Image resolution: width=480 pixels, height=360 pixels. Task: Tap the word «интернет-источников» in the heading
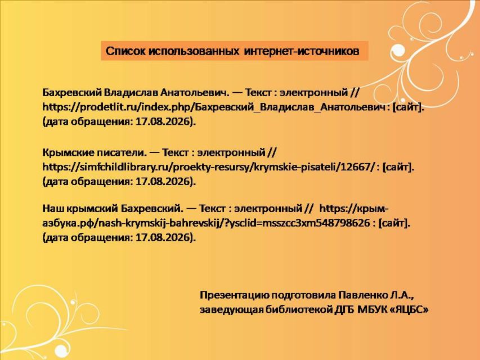click(x=302, y=51)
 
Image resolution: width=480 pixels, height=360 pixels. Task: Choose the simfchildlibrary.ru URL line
click(x=228, y=167)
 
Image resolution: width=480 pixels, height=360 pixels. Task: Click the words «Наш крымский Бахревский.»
click(x=113, y=209)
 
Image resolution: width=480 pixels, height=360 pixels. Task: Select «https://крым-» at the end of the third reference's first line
click(x=354, y=209)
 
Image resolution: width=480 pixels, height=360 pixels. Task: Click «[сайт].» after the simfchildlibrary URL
click(x=398, y=167)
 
